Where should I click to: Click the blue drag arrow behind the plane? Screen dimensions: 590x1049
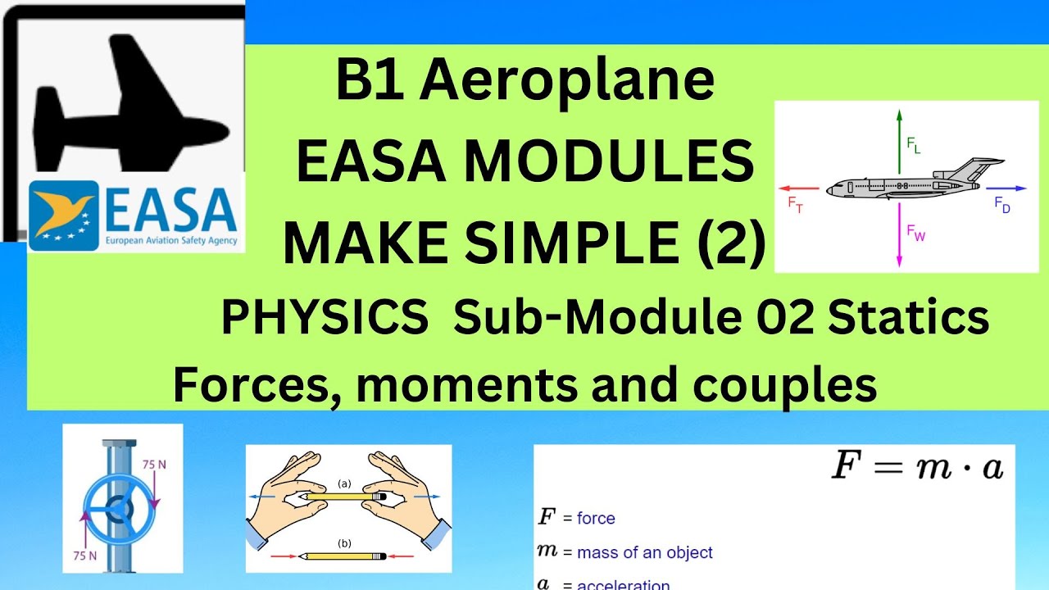pyautogui.click(x=995, y=188)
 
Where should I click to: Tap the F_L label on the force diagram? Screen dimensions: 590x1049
pyautogui.click(x=914, y=145)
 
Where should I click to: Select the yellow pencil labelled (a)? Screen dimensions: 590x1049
pyautogui.click(x=343, y=497)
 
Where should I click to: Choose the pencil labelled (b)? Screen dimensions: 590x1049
pyautogui.click(x=343, y=556)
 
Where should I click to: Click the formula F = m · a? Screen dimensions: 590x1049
pyautogui.click(x=918, y=467)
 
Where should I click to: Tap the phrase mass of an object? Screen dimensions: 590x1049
pyautogui.click(x=645, y=553)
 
